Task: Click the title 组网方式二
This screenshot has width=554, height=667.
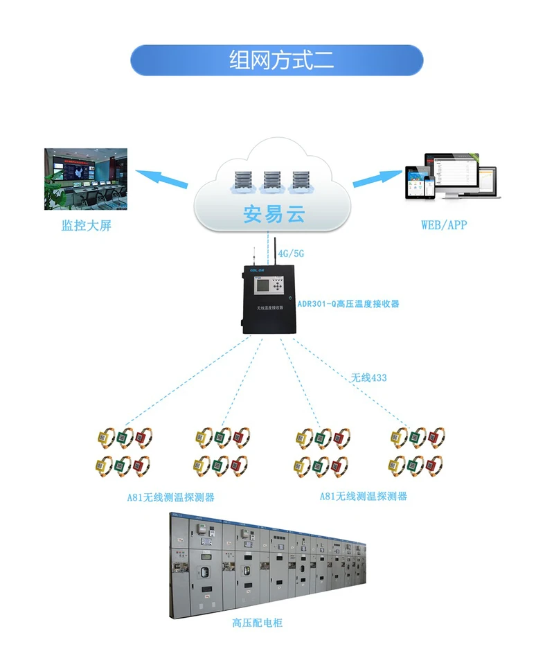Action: click(x=277, y=60)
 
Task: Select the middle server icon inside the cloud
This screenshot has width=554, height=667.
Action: click(x=271, y=181)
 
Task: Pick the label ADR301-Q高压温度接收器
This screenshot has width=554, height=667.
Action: click(x=348, y=303)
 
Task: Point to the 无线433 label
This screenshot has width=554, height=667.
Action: click(x=368, y=377)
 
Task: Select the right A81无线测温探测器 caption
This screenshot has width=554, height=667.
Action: click(x=363, y=497)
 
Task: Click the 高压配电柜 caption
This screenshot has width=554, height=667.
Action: click(x=257, y=623)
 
